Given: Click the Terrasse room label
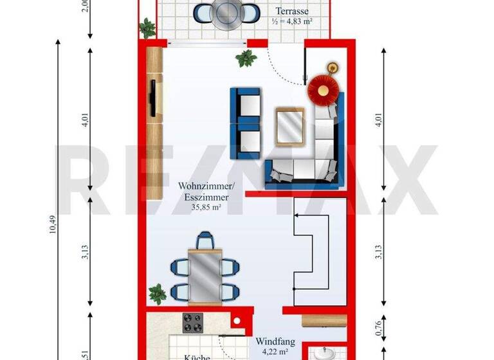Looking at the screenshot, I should [293, 11].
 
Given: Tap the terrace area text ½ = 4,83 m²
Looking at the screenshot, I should [293, 22].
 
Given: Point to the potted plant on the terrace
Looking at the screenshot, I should [148, 28].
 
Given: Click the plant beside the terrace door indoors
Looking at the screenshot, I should [245, 59].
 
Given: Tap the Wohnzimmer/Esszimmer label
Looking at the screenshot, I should [203, 192].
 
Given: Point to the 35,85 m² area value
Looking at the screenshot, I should [206, 208].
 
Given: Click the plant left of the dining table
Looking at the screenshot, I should [157, 294].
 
